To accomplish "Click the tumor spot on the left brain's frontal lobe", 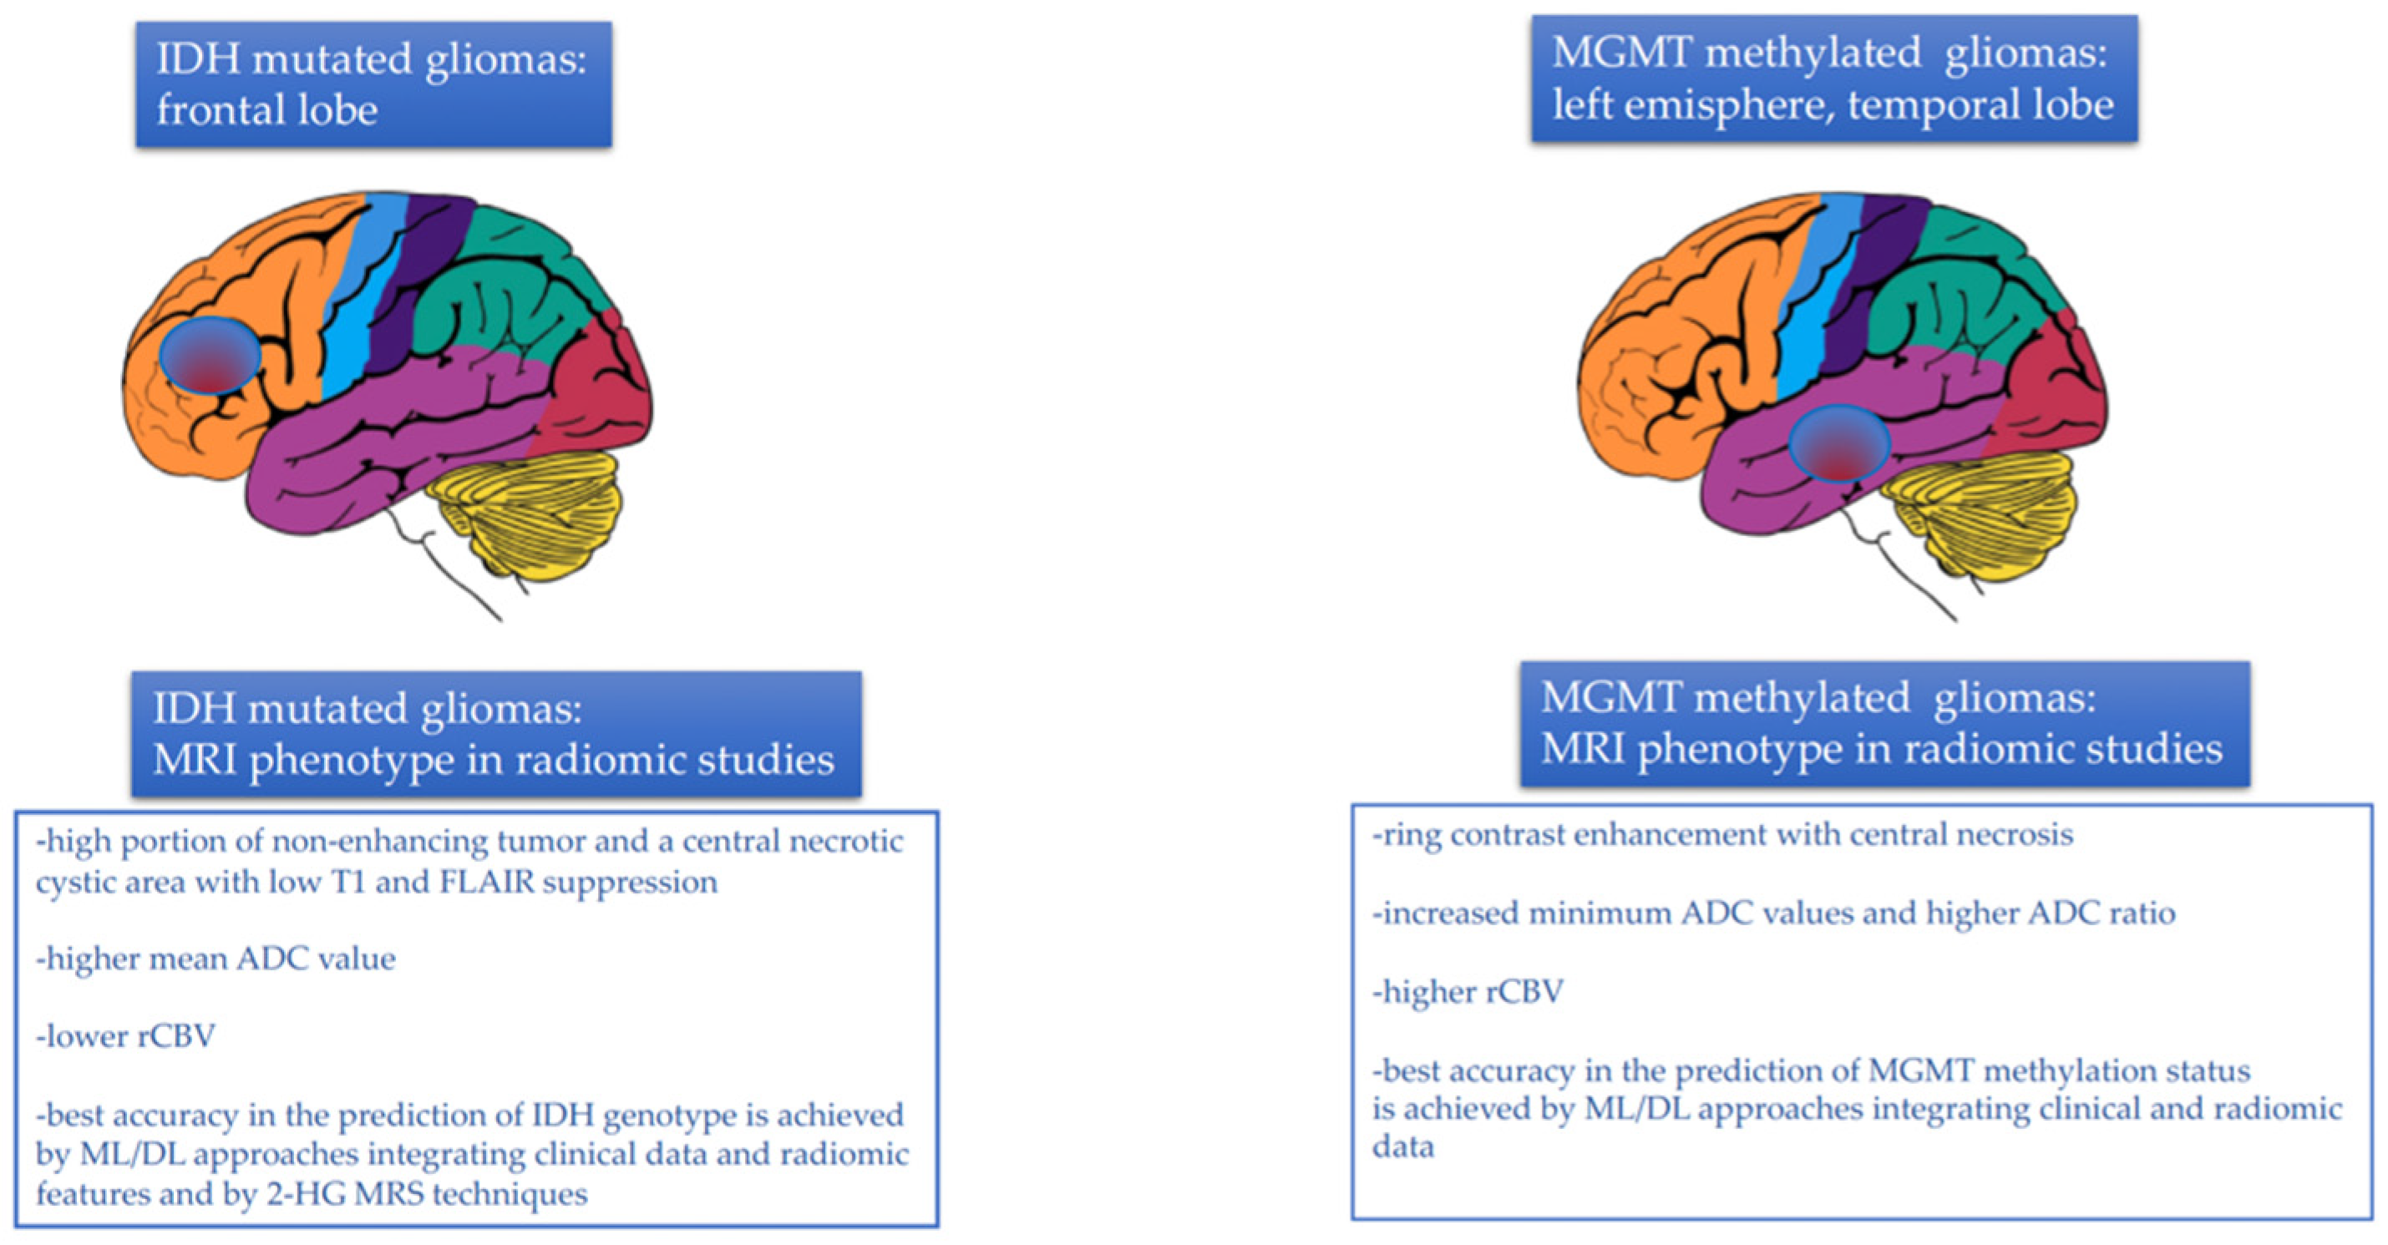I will point(210,355).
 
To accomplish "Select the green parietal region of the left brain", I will point(500,278).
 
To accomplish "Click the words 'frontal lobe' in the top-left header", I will point(266,110).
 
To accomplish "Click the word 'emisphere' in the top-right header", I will point(1730,104).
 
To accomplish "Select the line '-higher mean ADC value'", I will point(215,958).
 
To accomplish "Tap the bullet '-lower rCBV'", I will point(125,1035).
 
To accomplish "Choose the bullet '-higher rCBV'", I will point(1468,992).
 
